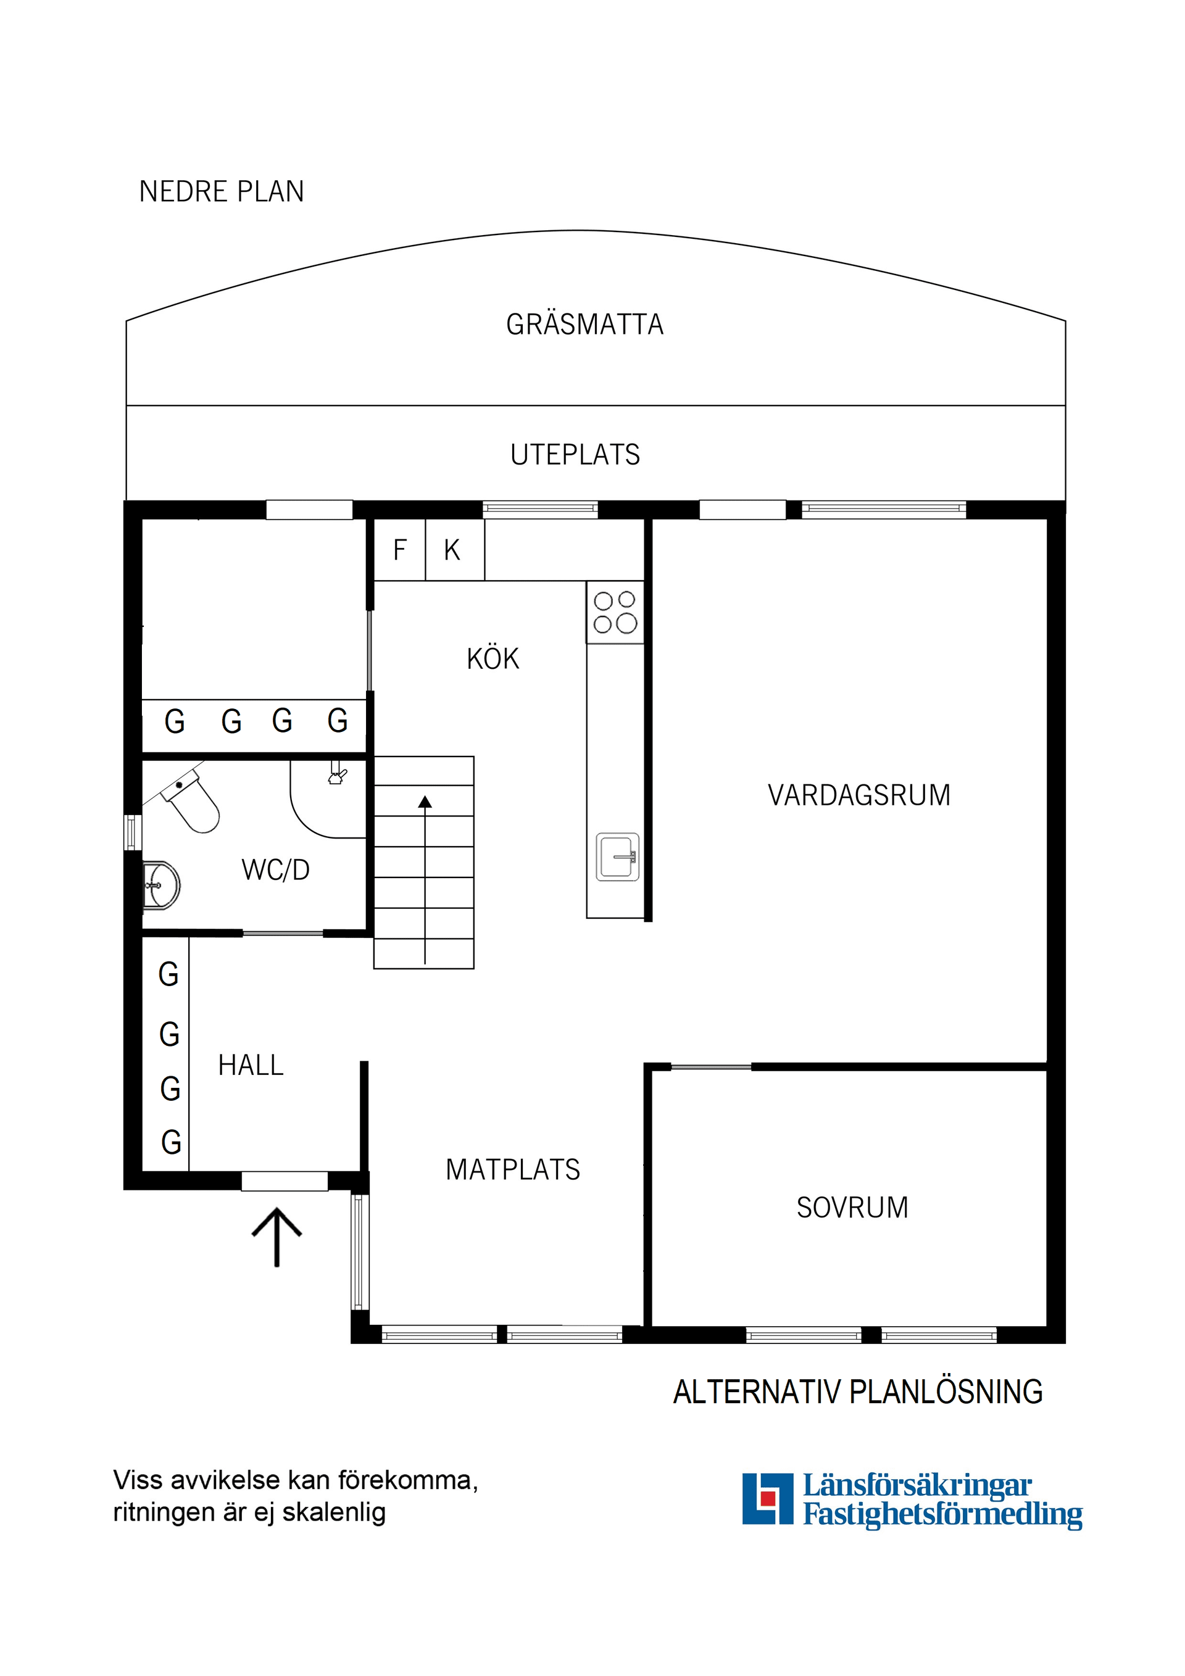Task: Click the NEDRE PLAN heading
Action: click(221, 192)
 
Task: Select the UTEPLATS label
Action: click(575, 455)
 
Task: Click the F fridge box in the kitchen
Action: click(399, 550)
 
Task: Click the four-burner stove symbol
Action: click(615, 612)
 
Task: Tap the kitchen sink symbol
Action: click(618, 857)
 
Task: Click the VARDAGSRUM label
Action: click(859, 795)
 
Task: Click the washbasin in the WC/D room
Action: click(161, 886)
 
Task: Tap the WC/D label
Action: click(275, 870)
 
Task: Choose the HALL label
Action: click(251, 1065)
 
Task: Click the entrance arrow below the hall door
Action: click(276, 1237)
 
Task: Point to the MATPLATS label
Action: click(512, 1169)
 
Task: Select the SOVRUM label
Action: click(852, 1208)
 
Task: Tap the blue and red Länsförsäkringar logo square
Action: click(767, 1499)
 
